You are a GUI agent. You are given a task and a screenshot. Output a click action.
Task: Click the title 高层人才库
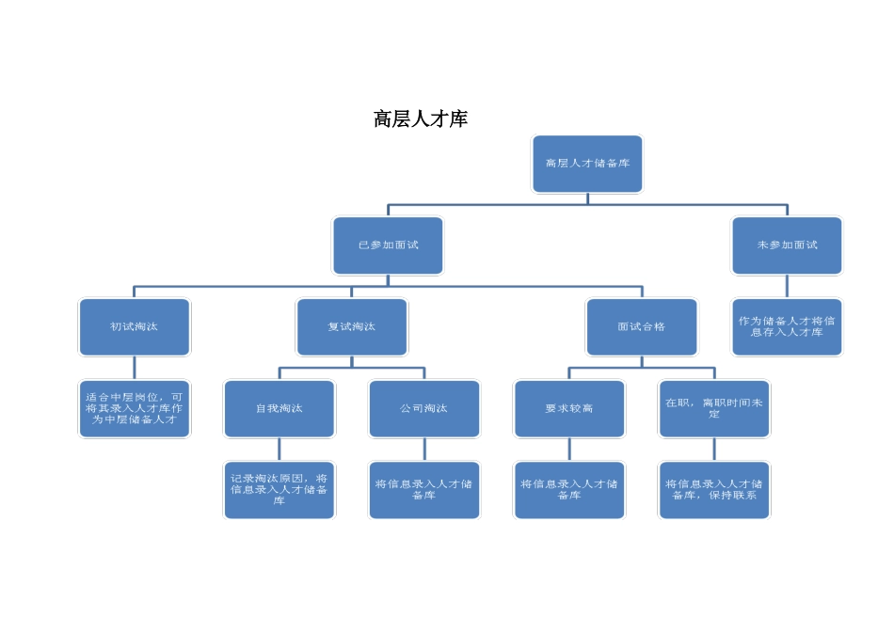(x=421, y=119)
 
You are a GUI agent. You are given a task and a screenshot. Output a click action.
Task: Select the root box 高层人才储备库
(x=587, y=164)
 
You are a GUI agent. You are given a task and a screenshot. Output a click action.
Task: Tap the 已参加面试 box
(x=388, y=245)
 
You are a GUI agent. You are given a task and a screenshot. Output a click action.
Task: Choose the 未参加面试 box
(x=787, y=245)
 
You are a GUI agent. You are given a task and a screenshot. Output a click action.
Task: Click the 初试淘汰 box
(x=135, y=327)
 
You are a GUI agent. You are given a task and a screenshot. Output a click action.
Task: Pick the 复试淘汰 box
(x=352, y=327)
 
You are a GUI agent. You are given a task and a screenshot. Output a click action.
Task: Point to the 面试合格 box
(x=642, y=327)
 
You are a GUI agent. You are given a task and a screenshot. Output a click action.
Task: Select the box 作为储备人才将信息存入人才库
(x=787, y=327)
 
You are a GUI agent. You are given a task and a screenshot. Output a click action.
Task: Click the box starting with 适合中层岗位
(x=135, y=409)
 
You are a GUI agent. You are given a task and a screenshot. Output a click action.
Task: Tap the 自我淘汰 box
(x=279, y=409)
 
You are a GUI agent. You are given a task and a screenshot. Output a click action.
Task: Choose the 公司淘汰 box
(x=424, y=409)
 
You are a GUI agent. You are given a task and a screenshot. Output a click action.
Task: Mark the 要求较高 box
(x=569, y=409)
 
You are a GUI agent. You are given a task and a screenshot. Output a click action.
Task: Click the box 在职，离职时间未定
(x=714, y=409)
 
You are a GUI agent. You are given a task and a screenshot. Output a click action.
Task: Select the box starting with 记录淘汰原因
(x=279, y=490)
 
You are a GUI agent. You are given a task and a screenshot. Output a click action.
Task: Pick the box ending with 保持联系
(x=714, y=490)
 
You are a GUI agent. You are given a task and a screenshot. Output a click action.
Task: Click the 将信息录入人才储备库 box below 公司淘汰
(x=424, y=490)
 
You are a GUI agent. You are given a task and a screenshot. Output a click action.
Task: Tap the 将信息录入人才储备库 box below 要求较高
(x=569, y=490)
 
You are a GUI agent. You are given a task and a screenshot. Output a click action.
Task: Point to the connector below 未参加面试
(x=787, y=287)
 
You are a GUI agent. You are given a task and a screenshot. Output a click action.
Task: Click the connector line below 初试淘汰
(x=135, y=368)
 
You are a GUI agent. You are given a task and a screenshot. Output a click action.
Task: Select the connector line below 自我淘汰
(x=279, y=450)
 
